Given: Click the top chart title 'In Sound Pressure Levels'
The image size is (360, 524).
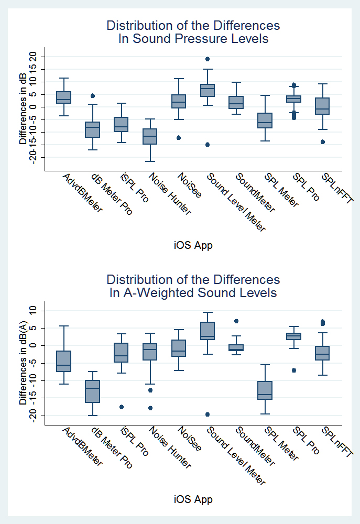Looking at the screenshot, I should pyautogui.click(x=193, y=39).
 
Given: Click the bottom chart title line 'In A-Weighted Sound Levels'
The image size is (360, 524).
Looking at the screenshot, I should pyautogui.click(x=193, y=292).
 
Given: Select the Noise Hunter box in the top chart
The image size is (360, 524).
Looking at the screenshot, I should pyautogui.click(x=150, y=136).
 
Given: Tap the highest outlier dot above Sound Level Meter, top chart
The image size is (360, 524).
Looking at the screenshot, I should pyautogui.click(x=208, y=59).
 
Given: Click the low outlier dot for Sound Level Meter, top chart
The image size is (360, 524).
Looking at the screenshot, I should pyautogui.click(x=208, y=145).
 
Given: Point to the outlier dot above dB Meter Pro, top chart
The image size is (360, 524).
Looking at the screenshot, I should pyautogui.click(x=93, y=96).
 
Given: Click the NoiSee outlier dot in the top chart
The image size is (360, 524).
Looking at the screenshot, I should pyautogui.click(x=179, y=138).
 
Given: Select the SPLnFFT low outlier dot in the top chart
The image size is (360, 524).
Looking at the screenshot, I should pyautogui.click(x=323, y=142).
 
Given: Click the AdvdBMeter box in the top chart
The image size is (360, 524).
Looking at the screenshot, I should pyautogui.click(x=64, y=97).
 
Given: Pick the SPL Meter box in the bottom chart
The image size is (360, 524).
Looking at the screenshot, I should pyautogui.click(x=265, y=390).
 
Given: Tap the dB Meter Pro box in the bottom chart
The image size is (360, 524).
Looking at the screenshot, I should pyautogui.click(x=93, y=391).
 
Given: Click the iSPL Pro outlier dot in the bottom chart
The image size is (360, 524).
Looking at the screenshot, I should pyautogui.click(x=122, y=407).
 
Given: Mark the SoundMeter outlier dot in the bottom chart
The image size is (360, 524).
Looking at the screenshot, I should pyautogui.click(x=236, y=321).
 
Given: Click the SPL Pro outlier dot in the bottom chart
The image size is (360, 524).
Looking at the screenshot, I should pyautogui.click(x=294, y=370).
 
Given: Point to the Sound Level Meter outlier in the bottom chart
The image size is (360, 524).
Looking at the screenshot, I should pyautogui.click(x=208, y=414).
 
